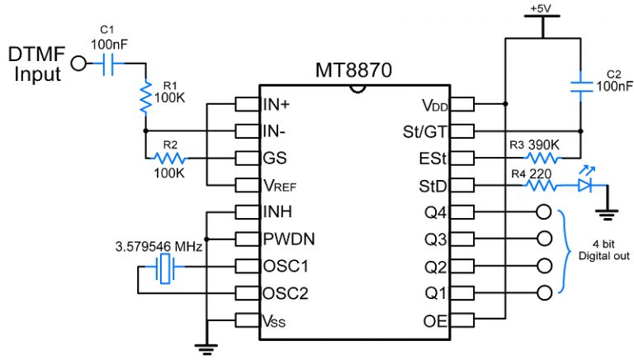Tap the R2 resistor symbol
pos(171,158)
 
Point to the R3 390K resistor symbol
pos(544,158)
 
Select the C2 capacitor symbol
pos(582,83)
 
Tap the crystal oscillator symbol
pos(165,266)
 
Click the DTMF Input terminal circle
pos(79,62)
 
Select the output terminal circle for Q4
pos(543,211)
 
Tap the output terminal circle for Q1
pos(543,291)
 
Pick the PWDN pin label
pos(286,239)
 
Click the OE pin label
pos(433,319)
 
